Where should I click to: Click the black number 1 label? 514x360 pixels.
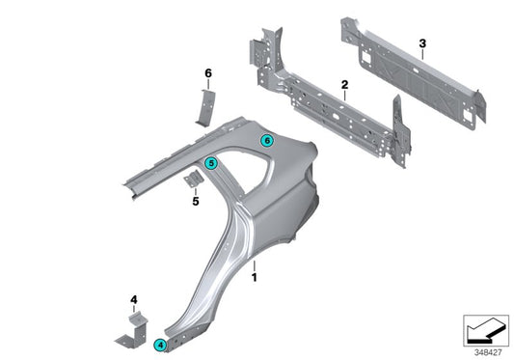coord(254,277)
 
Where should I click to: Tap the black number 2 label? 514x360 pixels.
coord(344,87)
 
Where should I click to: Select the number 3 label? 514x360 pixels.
coord(422,42)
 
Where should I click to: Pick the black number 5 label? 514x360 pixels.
coord(195,202)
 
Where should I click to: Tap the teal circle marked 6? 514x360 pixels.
coord(267,140)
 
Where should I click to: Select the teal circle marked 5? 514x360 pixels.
coord(210,163)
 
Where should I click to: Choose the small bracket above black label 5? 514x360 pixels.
coord(193,181)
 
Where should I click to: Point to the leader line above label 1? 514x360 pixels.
coord(254,264)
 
